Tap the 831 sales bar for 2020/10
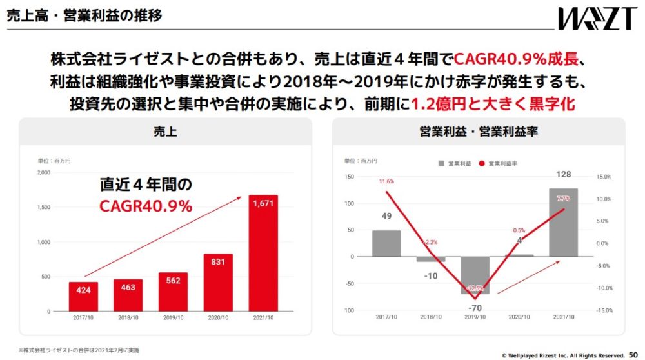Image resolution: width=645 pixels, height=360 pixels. pos(218,283)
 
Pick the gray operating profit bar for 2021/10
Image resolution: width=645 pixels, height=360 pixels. pos(563,222)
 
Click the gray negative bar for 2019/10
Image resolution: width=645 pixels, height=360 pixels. pos(475,275)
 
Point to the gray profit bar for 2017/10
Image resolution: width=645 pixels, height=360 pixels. pos(386,243)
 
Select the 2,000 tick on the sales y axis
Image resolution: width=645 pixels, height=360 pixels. pos(44,173)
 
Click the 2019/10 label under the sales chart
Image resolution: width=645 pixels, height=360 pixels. pos(173,318)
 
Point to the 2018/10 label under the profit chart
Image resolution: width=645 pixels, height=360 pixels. pos(430,317)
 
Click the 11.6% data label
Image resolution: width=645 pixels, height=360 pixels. pos(386,181)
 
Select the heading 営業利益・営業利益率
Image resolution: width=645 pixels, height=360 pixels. pos(479,132)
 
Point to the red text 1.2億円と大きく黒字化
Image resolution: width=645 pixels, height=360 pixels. pos(493,104)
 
